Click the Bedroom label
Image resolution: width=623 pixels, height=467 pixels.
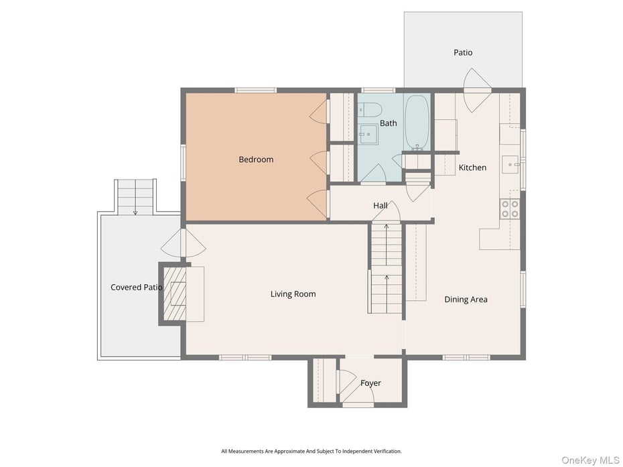tap(256, 159)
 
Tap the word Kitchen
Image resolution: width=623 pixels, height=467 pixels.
tap(472, 168)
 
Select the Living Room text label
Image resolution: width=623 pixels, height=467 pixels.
tap(293, 294)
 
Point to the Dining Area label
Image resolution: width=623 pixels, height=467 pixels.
tap(466, 299)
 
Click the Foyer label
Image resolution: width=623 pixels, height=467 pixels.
tap(370, 383)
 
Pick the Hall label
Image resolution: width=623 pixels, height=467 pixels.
tap(380, 206)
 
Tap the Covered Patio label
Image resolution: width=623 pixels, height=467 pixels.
tap(136, 287)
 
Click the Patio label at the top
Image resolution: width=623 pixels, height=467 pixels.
tap(463, 52)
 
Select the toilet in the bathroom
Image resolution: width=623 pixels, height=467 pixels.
tap(370, 110)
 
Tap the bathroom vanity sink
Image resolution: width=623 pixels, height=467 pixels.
tap(366, 135)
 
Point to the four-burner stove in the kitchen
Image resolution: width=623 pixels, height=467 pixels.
tap(510, 209)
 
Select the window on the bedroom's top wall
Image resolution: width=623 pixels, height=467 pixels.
tap(255, 90)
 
